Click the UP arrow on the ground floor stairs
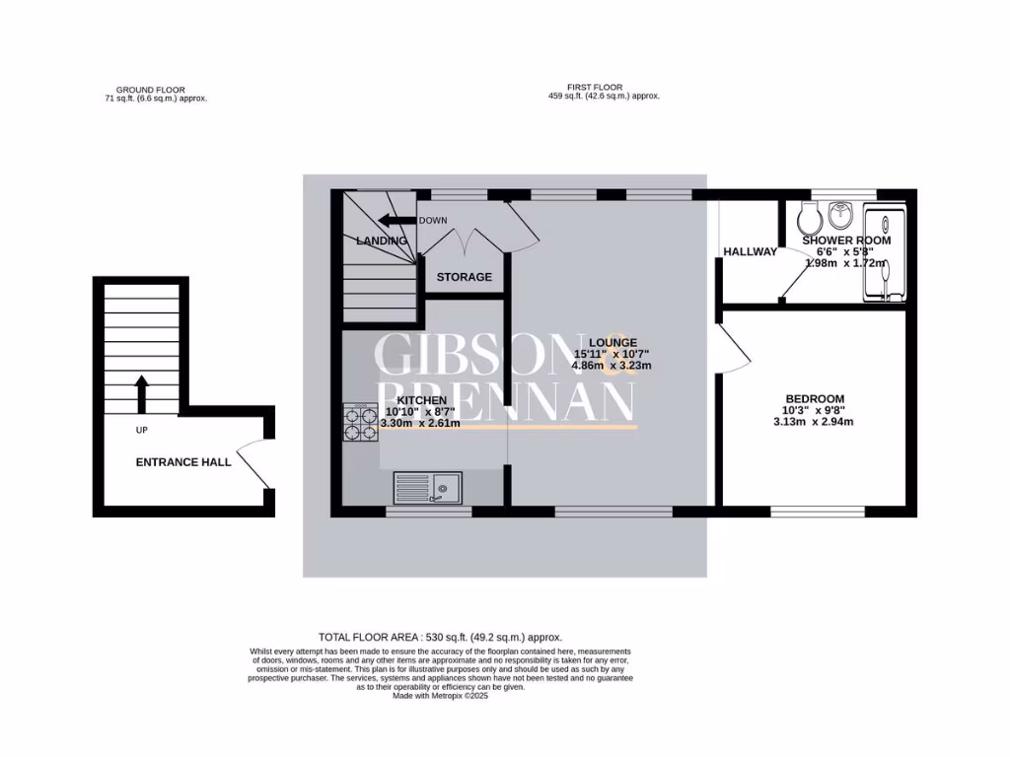(140, 394)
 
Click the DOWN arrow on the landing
(397, 221)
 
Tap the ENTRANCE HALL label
(183, 461)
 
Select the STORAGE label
(465, 277)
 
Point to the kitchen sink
(427, 486)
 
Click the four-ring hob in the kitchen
(361, 423)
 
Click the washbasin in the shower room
(841, 213)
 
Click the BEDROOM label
(814, 398)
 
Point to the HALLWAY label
(750, 251)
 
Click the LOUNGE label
(613, 342)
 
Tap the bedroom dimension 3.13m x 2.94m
(814, 422)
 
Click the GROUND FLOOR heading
(150, 90)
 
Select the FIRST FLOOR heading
(595, 87)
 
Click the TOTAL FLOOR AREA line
(440, 638)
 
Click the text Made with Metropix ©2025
(440, 695)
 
